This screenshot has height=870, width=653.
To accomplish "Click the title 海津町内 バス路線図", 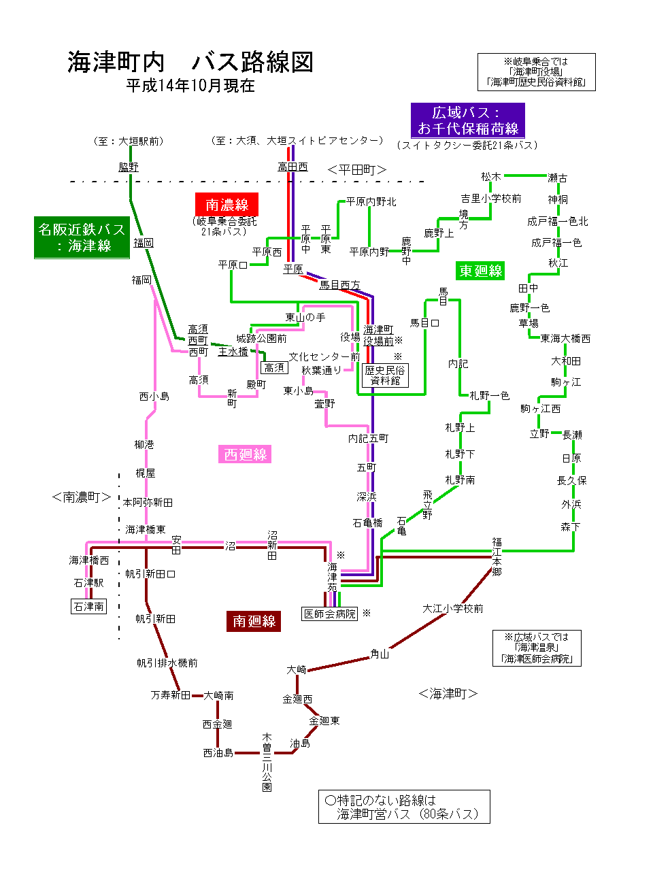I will tap(190, 62).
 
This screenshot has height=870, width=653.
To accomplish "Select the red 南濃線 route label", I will tap(227, 205).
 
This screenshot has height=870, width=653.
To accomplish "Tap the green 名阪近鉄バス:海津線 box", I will tap(82, 237).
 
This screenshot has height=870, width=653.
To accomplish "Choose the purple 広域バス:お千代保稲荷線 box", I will tap(468, 120).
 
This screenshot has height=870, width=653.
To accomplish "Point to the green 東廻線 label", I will tap(480, 271).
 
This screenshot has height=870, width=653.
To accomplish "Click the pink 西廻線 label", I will tap(246, 454).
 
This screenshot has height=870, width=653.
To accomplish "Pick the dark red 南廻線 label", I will tap(254, 621).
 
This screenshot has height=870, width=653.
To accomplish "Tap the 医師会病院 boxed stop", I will tap(330, 614).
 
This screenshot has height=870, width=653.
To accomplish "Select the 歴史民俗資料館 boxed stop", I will tap(385, 375).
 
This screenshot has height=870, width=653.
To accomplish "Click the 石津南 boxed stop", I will tap(89, 606).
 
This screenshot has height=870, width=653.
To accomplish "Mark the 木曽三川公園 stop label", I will tap(267, 762).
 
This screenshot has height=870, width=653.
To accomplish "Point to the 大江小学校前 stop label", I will tap(453, 608).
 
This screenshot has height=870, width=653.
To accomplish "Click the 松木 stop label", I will tap(490, 177).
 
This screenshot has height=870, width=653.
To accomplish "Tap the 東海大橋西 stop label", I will tap(565, 338).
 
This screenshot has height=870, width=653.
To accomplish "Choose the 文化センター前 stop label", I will tap(324, 356).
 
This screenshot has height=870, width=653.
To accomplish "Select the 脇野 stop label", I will tap(129, 167).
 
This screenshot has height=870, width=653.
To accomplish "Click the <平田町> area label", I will tap(357, 169).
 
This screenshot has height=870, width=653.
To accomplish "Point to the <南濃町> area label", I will tap(81, 497).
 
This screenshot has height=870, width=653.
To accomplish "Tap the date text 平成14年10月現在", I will tap(190, 86).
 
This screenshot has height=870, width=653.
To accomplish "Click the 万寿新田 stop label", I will tap(171, 695).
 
